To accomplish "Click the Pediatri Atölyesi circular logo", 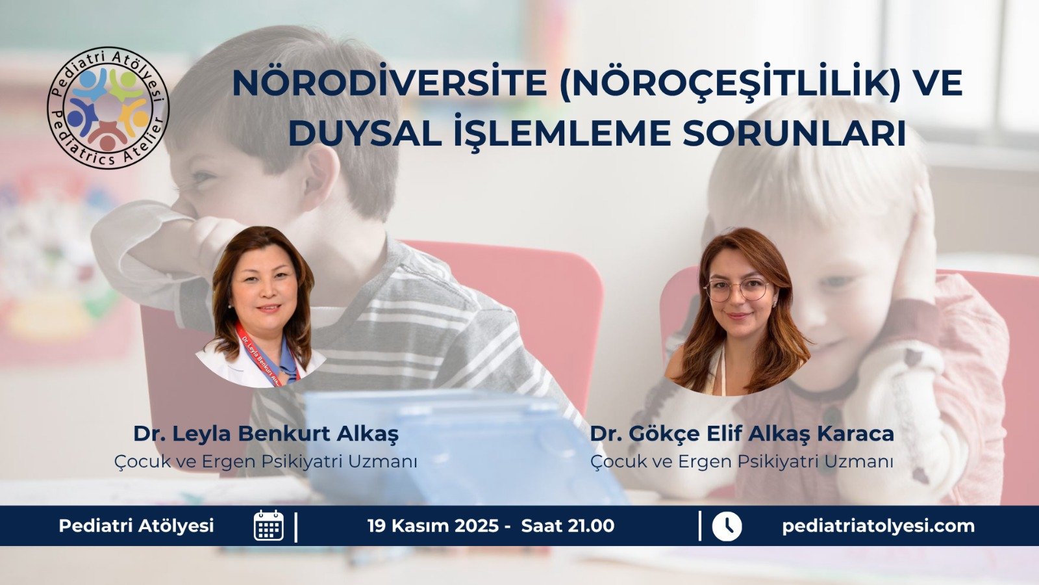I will (108, 107).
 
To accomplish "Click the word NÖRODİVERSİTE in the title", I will (389, 83).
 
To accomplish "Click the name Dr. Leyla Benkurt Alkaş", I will (266, 434).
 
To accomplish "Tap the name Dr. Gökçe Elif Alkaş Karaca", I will (742, 434).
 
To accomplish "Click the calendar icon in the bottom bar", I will (268, 525).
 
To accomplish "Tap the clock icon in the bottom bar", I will (727, 526).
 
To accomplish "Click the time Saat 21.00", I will (568, 526).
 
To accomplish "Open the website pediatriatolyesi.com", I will (878, 526).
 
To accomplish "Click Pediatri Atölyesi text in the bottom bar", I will (136, 526).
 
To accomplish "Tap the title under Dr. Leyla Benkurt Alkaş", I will (266, 461).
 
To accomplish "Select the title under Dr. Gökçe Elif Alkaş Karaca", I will (742, 461).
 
